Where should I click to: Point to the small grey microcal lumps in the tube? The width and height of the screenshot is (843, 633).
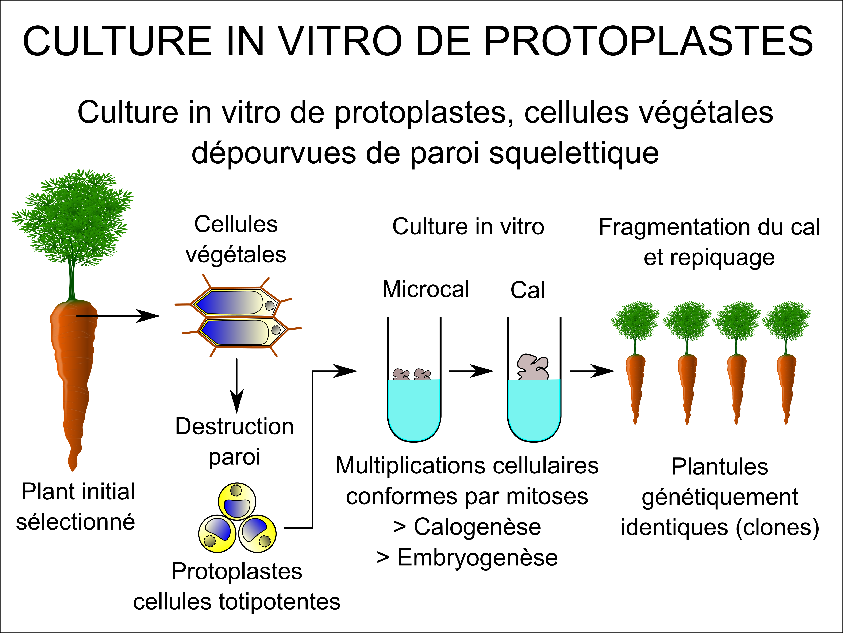tap(412, 374)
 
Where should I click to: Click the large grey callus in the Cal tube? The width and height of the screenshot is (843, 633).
tap(533, 367)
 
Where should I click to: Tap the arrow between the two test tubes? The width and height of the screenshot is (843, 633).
tap(471, 371)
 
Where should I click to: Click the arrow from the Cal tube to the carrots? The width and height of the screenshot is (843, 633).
tap(592, 371)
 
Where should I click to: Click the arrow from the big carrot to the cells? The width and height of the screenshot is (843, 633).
tap(118, 316)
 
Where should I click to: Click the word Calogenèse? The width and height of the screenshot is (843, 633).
tap(478, 527)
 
